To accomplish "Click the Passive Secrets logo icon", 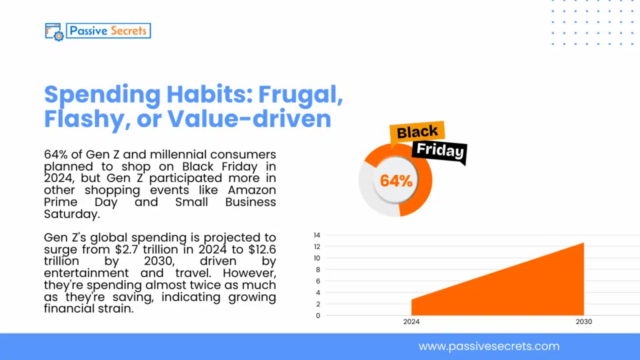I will pos(54,31).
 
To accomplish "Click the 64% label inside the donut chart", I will pos(396,181).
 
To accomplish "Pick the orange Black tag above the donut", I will pos(417,132).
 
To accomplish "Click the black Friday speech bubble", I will pos(440,151).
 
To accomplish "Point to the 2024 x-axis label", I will pos(411,322).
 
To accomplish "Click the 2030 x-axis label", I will pos(584,322).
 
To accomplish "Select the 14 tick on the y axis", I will pos(317,235).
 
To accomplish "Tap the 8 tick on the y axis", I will pos(318,269).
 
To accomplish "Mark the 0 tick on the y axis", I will pos(318,316).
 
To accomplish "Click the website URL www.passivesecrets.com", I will pos(489,346).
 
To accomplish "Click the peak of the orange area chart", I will pos(583,243).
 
